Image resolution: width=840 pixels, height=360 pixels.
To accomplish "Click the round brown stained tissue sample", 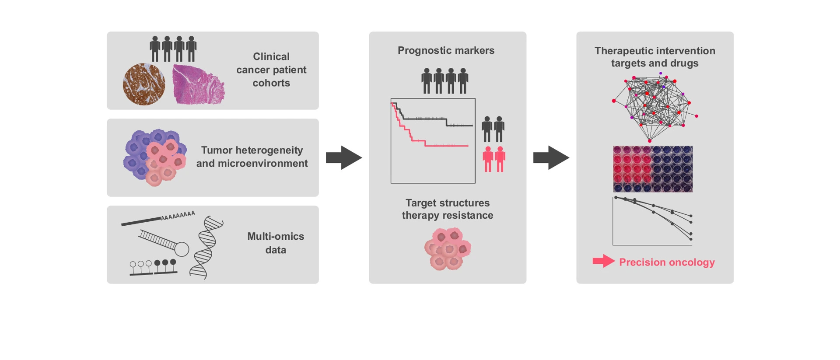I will [144, 84].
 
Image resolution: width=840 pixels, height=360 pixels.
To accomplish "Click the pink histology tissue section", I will [198, 85].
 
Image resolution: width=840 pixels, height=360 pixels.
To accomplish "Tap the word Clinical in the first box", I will [271, 56].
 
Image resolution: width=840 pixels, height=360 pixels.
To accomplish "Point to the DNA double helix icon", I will [206, 248].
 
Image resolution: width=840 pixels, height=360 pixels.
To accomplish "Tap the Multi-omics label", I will [275, 237].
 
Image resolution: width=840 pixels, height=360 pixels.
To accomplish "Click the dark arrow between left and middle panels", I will [344, 157].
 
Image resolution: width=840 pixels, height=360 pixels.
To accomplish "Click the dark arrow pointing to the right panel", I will [551, 157].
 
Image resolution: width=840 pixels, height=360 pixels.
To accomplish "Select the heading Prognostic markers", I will [446, 50].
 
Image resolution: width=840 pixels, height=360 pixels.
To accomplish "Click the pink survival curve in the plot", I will [437, 145].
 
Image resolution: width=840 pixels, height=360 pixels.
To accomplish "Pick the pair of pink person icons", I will [494, 159].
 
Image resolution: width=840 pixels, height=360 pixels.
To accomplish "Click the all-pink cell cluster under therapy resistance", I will [448, 248].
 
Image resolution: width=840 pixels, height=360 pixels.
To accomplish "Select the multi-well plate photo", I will [652, 169].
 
